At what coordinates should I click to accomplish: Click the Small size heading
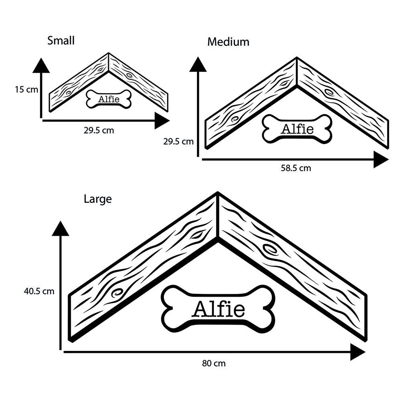click(61, 41)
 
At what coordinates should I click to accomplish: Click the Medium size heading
click(228, 42)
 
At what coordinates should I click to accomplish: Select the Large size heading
click(97, 199)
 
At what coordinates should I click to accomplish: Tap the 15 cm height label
click(26, 89)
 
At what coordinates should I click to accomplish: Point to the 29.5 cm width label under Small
click(96, 131)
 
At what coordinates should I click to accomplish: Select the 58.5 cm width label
click(296, 168)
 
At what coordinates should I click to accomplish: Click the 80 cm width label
click(214, 364)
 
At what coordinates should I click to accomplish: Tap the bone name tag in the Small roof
click(109, 99)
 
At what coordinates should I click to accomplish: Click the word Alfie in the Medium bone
click(297, 129)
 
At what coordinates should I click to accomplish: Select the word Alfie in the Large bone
click(219, 309)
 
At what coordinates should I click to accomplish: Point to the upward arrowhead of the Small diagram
click(41, 65)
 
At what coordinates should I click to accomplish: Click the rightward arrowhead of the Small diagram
click(162, 121)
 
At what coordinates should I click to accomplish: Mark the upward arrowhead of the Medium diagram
click(198, 64)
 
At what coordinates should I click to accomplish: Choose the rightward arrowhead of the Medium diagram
click(381, 160)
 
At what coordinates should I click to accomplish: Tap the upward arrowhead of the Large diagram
click(60, 228)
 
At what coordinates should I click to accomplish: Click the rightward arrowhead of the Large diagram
click(358, 352)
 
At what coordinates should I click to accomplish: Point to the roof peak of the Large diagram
click(218, 194)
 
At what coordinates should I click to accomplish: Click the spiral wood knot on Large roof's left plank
click(117, 293)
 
